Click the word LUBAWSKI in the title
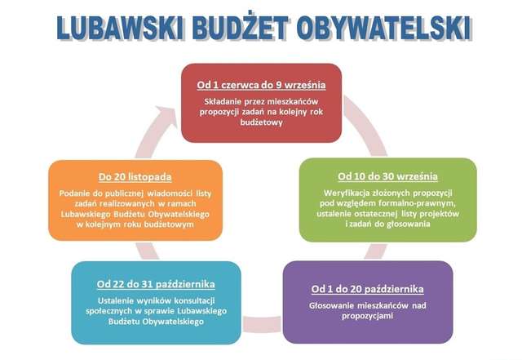(120, 28)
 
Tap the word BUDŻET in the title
(240, 27)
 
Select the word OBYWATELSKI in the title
(384, 28)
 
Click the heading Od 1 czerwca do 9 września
(261, 85)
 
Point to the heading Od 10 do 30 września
(388, 176)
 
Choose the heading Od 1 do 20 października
(368, 289)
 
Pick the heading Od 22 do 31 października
(156, 284)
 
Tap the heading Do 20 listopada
(135, 176)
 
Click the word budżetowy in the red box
(261, 122)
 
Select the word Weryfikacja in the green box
(345, 193)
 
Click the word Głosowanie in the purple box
(331, 305)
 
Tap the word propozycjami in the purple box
(367, 316)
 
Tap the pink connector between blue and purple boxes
(262, 323)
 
